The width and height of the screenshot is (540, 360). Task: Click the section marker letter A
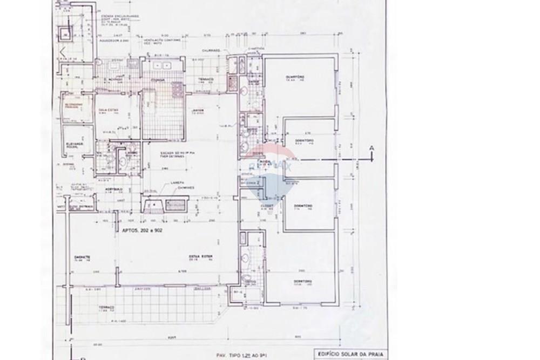(370, 147)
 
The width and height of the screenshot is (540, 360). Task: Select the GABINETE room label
(82, 257)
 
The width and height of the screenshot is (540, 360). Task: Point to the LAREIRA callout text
(175, 184)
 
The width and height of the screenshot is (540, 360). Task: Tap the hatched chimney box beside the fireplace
(175, 205)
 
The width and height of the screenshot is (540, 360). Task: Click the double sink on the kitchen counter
(161, 66)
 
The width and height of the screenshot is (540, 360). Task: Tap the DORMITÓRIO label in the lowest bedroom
(302, 281)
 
